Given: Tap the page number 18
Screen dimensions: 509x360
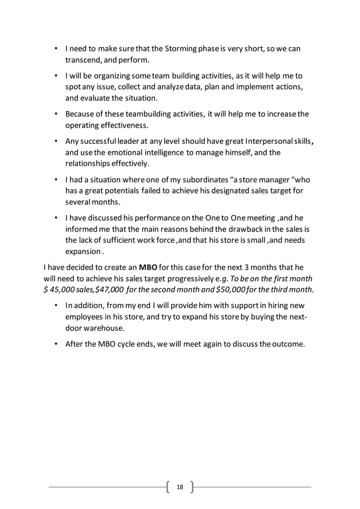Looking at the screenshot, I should [x=181, y=486].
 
